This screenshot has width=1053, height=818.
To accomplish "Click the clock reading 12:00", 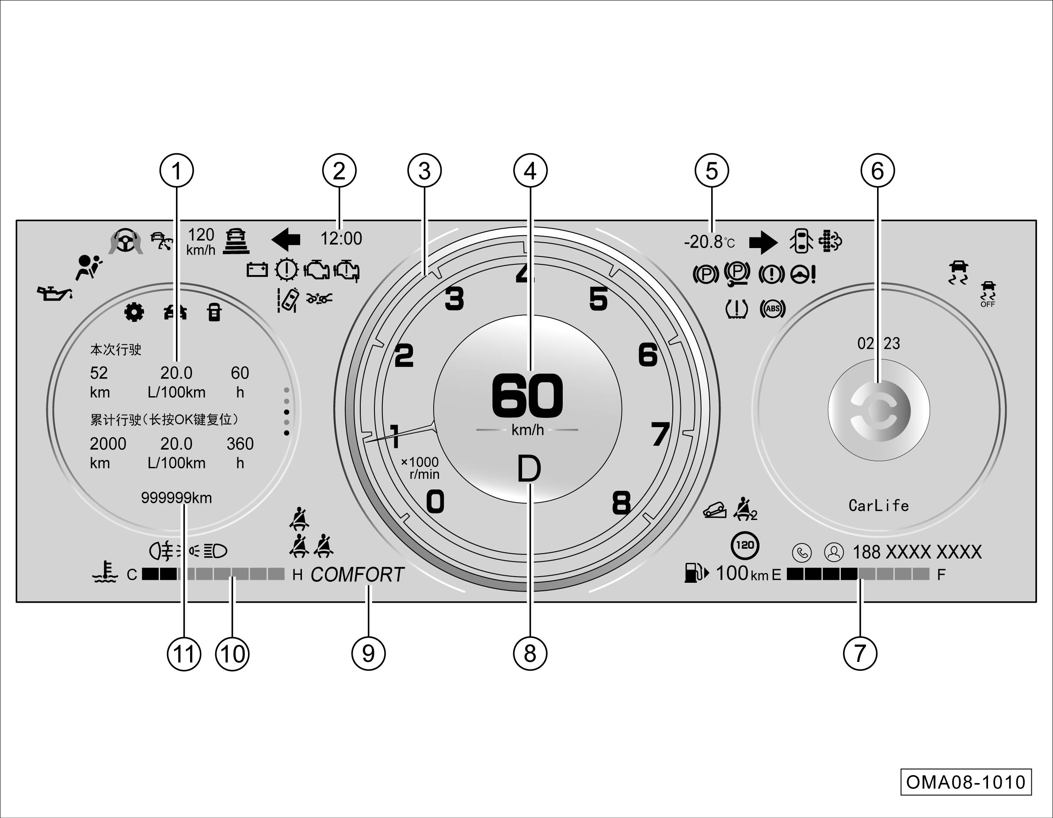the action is coord(341,238).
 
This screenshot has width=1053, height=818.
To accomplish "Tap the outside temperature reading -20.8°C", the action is coord(709,241).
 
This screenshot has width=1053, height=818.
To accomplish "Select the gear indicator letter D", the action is coord(529,469).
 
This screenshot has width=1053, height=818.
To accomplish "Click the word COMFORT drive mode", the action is coord(357,574).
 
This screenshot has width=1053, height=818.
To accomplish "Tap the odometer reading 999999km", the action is coord(176,498).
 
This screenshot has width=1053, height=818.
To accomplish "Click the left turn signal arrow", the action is coord(286,239).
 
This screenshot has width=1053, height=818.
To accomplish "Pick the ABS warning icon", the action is coord(772,309).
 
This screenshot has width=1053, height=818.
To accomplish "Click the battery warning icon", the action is coord(257,270).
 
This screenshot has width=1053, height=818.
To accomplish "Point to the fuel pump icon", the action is coord(696,573).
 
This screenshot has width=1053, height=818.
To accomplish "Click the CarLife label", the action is coord(878,505).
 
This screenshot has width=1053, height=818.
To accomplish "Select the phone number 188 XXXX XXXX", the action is coord(917,552).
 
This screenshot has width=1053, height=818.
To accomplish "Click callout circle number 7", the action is coord(860,654).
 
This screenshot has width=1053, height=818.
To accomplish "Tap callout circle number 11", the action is coord(184,654).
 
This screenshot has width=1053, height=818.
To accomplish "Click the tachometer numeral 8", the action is coord(622,503).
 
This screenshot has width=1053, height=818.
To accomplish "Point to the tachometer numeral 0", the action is coord(435,501).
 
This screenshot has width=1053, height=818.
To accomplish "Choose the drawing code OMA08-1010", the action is coord(966,782).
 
